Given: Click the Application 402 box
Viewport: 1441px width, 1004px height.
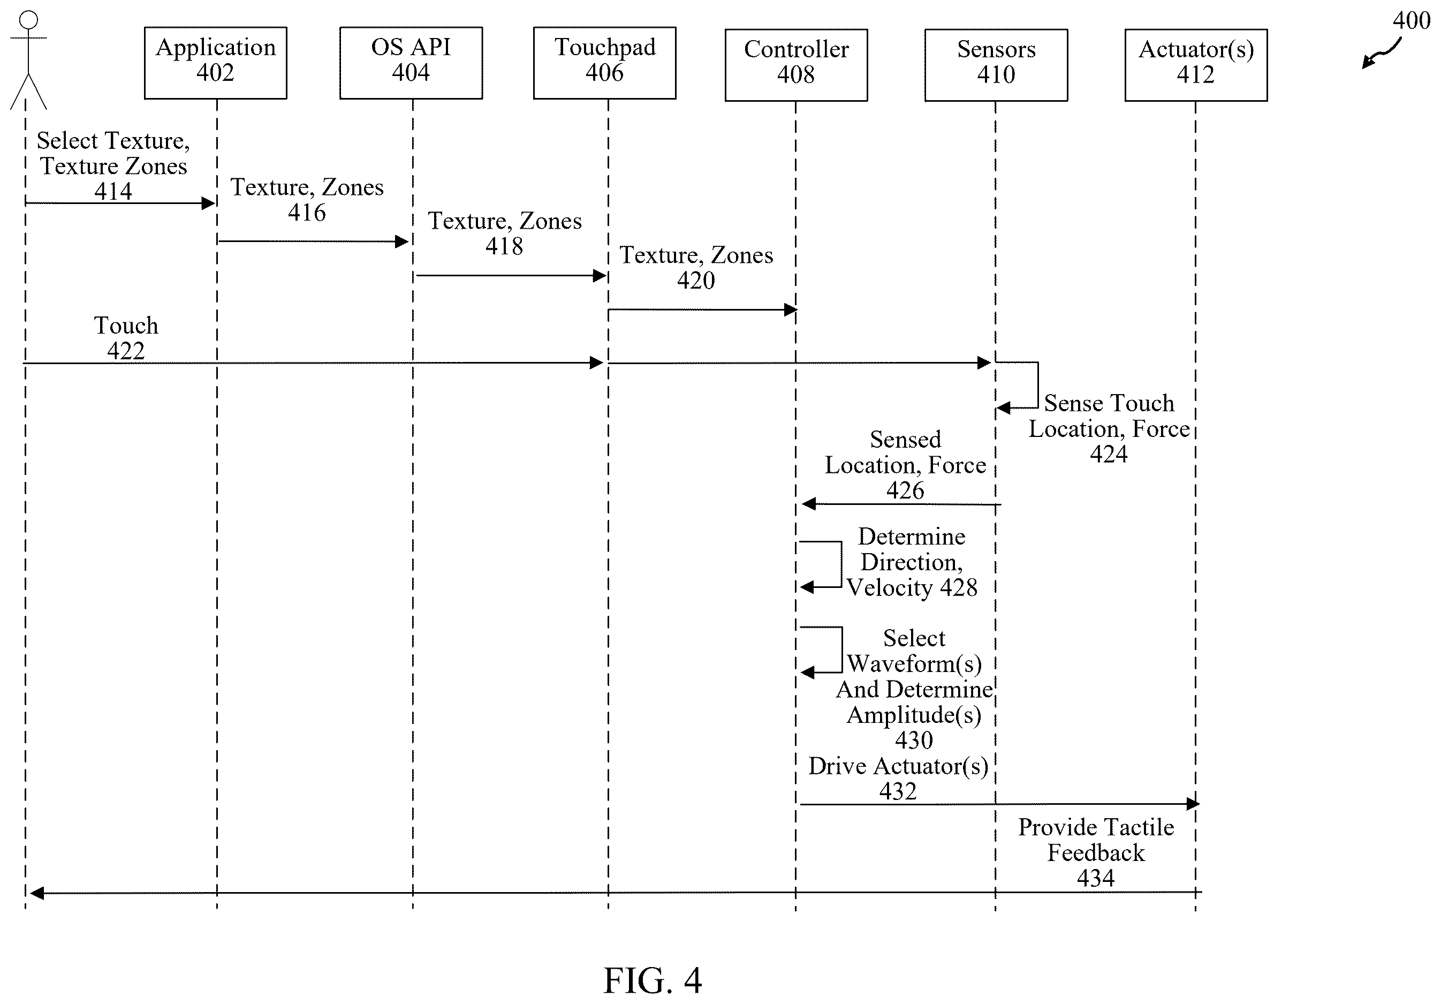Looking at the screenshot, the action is [215, 63].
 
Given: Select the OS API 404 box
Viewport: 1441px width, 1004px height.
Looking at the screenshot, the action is [411, 63].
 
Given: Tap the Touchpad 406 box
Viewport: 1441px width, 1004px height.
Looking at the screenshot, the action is [604, 63].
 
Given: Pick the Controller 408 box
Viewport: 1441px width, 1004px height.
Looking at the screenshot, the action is [796, 65].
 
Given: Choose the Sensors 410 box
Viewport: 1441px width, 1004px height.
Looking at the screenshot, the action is [996, 65].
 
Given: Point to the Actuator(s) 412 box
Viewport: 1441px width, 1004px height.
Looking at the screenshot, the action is [1196, 65].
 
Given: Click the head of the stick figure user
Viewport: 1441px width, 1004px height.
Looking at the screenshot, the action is [28, 20].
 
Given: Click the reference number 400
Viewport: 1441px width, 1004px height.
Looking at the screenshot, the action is [1411, 21].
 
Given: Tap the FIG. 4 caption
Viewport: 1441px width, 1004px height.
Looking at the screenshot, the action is [652, 980].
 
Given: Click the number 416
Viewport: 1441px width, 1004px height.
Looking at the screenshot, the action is [306, 212].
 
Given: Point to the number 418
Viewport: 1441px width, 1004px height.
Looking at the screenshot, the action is [503, 246].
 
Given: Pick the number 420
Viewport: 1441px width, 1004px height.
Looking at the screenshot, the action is [695, 280].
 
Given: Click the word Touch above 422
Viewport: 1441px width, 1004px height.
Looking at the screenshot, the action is [126, 325].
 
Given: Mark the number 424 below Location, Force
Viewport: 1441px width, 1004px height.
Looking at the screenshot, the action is [1109, 454].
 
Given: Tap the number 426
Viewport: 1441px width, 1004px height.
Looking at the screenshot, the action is [905, 490].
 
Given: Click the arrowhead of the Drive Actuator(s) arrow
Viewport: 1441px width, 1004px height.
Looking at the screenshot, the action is [1193, 804].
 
